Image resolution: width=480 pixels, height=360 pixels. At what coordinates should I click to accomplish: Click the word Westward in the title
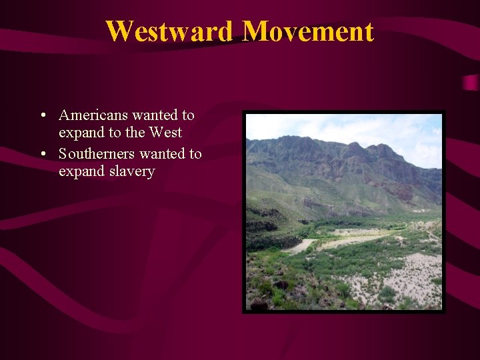coord(171,31)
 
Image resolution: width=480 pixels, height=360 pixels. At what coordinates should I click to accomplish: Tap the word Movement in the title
coord(308,31)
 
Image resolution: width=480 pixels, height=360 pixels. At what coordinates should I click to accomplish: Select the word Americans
coord(93,115)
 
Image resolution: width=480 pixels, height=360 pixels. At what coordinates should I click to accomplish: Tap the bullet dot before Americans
coord(43,116)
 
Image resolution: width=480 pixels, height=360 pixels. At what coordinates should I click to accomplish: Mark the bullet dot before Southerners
coord(43,155)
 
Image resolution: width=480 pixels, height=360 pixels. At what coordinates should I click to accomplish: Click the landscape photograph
coord(343,211)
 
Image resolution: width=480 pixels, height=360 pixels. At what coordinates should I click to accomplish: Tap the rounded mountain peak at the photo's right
coord(387,151)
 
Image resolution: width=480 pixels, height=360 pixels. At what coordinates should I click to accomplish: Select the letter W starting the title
coord(119,31)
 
